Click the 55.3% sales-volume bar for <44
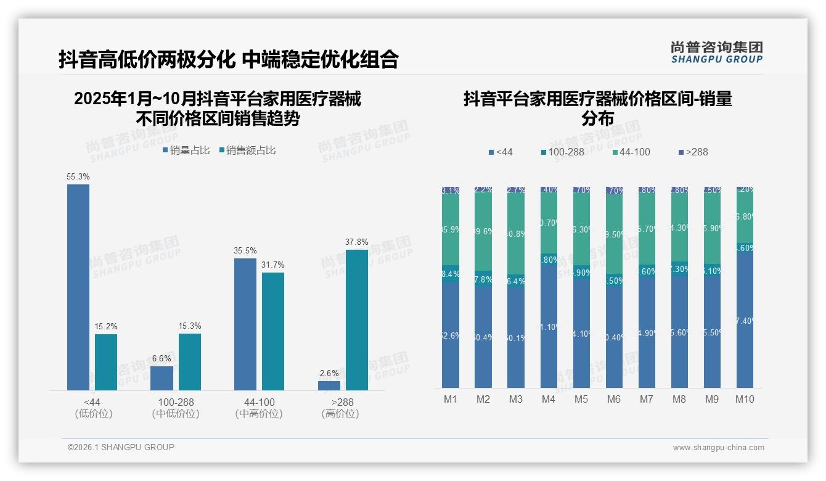pos(78,287)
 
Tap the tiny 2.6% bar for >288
pos(329,385)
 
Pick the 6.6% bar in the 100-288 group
pos(162,378)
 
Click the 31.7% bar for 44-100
pos(273,331)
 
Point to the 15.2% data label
pos(106,326)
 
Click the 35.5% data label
pos(245,251)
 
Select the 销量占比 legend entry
pos(186,150)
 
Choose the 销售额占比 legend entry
pos(247,150)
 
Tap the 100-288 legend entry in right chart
pos(562,152)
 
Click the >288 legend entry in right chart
pos(693,152)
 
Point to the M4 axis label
pos(549,399)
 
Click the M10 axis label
pos(745,399)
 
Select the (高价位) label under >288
pos(340,414)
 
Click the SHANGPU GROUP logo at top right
pos(716,52)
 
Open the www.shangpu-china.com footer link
pos(718,448)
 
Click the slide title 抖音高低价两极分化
pos(147,59)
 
